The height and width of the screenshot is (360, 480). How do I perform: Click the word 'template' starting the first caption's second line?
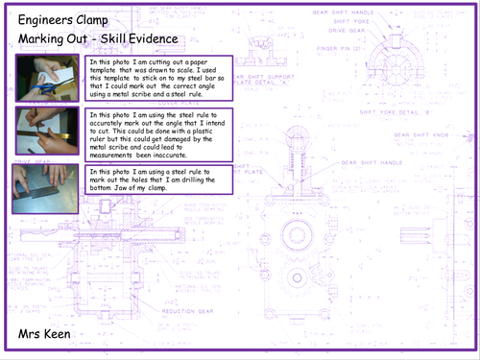103,70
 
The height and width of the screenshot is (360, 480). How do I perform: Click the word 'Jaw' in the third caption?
131,188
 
